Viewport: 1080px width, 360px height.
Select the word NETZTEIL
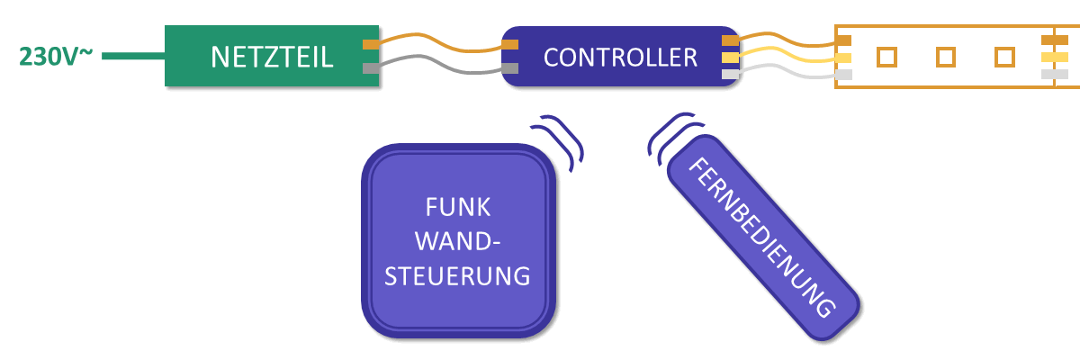click(x=272, y=57)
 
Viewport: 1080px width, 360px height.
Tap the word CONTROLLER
click(x=620, y=58)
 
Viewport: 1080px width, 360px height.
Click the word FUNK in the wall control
click(x=458, y=208)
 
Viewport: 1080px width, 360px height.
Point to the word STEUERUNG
click(x=457, y=274)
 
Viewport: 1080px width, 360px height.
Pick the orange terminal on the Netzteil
click(x=370, y=44)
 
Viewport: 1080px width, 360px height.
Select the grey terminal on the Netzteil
click(x=370, y=68)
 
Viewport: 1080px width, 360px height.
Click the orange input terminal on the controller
click(x=510, y=44)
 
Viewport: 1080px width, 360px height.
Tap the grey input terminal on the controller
click(x=510, y=68)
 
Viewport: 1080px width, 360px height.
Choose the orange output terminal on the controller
click(x=731, y=40)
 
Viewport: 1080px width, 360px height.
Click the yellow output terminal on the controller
click(x=731, y=58)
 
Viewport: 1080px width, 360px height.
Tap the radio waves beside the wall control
click(x=562, y=139)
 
